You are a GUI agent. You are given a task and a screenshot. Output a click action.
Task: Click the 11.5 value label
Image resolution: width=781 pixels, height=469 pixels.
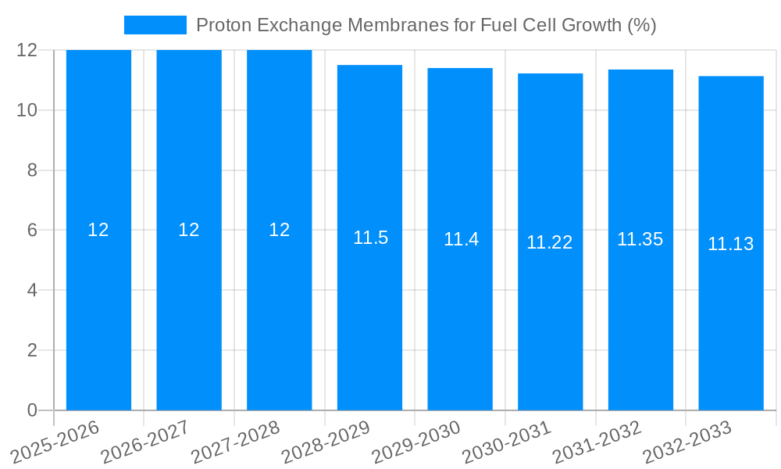370,238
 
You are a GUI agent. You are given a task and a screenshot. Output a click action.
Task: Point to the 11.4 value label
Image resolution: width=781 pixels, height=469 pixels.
461,239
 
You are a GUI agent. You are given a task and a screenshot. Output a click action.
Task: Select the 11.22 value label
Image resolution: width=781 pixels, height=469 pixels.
550,242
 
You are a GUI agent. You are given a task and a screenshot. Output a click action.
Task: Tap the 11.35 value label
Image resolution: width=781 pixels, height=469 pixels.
640,239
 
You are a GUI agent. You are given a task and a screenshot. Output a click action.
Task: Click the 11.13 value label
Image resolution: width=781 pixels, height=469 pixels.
730,244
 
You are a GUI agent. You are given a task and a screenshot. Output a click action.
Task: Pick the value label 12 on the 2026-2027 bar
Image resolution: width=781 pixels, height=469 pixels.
189,230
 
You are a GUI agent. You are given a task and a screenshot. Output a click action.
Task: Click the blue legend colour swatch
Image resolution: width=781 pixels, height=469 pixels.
155,25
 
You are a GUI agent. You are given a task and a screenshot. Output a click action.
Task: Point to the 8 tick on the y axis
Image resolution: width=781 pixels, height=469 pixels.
32,170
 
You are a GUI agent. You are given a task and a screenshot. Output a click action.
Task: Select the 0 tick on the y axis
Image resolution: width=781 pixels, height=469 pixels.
32,410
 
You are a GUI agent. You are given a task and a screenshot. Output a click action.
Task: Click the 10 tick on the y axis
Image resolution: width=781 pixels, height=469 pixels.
27,110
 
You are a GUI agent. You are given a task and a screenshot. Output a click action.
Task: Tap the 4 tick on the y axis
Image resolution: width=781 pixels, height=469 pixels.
32,290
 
